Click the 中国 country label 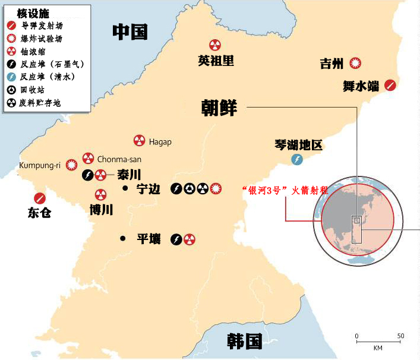click(130, 32)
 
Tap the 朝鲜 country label click(219, 109)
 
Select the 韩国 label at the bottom click(244, 341)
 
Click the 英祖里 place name click(216, 60)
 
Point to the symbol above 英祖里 click(215, 45)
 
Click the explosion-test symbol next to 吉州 click(356, 64)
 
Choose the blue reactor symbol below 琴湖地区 click(297, 159)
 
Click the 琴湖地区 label click(298, 144)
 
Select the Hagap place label click(160, 141)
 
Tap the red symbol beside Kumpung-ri click(72, 165)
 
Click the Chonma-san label click(118, 159)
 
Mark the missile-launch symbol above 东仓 click(40, 198)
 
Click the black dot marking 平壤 click(122, 239)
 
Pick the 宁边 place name click(149, 190)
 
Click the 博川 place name click(101, 209)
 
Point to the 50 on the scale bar click(400, 336)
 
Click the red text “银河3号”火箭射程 click(285, 191)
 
